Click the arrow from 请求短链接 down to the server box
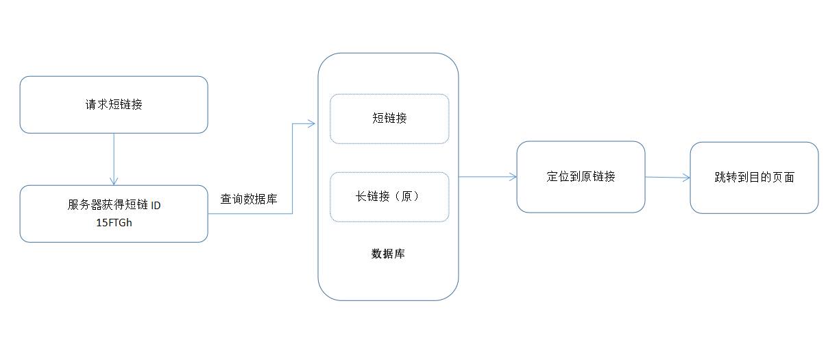pyautogui.click(x=114, y=159)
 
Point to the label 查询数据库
pyautogui.click(x=248, y=200)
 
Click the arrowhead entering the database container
pyautogui.click(x=311, y=123)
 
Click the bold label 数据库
pyautogui.click(x=388, y=254)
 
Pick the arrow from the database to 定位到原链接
pyautogui.click(x=487, y=177)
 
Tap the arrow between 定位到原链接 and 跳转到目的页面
pyautogui.click(x=667, y=178)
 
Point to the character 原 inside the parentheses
pyautogui.click(x=406, y=196)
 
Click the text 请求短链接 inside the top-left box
pyautogui.click(x=114, y=105)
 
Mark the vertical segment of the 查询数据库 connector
pyautogui.click(x=293, y=169)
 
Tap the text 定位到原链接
pyautogui.click(x=581, y=176)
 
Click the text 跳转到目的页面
pyautogui.click(x=754, y=177)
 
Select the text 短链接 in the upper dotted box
pyautogui.click(x=389, y=118)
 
